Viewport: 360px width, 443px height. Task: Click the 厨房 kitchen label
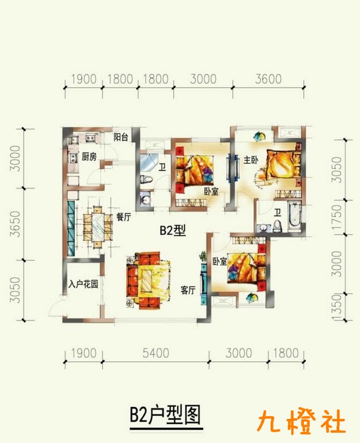point(89,156)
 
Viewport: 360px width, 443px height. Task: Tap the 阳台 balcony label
point(120,138)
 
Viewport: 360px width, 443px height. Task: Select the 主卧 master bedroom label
point(251,160)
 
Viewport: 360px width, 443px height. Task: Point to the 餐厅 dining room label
point(124,217)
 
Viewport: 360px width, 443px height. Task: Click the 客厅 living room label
point(188,290)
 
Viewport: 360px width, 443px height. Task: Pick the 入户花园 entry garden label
point(83,284)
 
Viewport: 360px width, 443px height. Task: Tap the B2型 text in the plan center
point(173,230)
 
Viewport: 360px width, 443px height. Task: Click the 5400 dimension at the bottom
point(156,353)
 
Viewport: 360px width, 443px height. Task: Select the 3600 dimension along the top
point(268,79)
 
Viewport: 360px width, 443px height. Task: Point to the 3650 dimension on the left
point(15,224)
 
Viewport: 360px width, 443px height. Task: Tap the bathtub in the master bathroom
point(295,217)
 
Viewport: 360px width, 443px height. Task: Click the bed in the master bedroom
point(283,163)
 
